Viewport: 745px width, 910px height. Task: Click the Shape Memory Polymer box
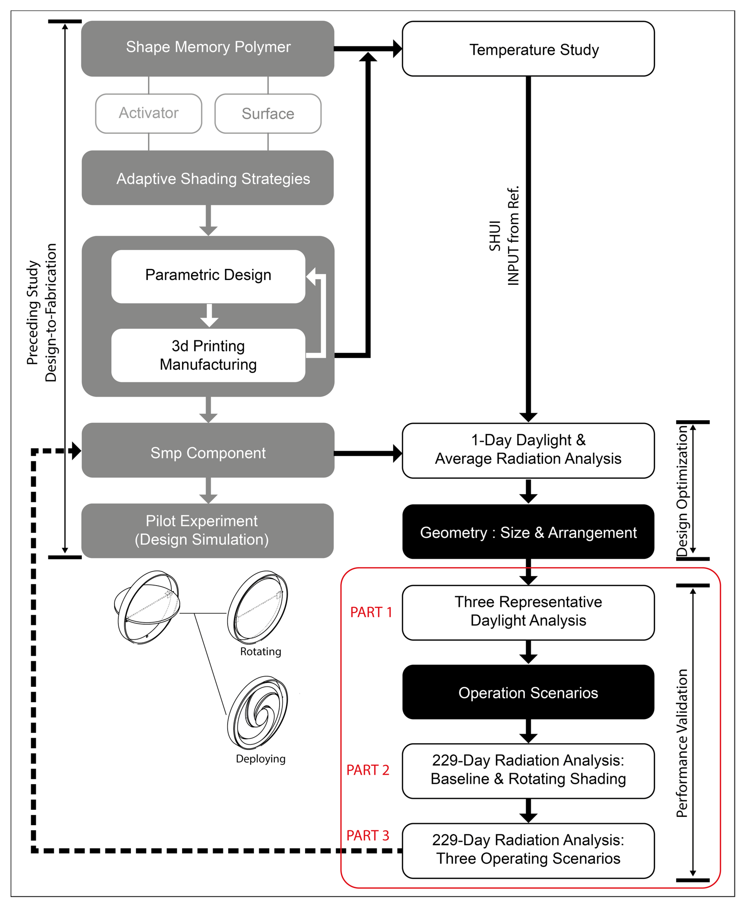[208, 48]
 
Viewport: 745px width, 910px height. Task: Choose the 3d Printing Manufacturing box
[208, 355]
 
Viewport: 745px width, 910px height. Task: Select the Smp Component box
[208, 453]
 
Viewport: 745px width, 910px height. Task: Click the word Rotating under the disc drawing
[260, 651]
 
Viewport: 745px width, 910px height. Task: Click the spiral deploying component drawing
[258, 713]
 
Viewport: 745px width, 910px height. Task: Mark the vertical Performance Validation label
[682, 743]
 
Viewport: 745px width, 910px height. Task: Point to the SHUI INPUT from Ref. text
[504, 236]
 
